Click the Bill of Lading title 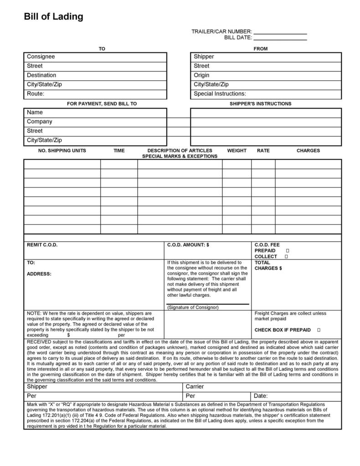pyautogui.click(x=53, y=17)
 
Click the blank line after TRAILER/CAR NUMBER pyautogui.click(x=280, y=32)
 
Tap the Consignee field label pyautogui.click(x=41, y=57)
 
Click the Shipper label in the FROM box pyautogui.click(x=204, y=57)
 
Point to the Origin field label pyautogui.click(x=201, y=75)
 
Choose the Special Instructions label pyautogui.click(x=220, y=94)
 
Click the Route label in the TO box pyautogui.click(x=36, y=94)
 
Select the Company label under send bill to pyautogui.click(x=39, y=122)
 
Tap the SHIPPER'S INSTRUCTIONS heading pyautogui.click(x=260, y=104)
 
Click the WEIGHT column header pyautogui.click(x=237, y=150)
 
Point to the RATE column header pyautogui.click(x=263, y=150)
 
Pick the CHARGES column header pyautogui.click(x=308, y=150)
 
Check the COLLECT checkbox pyautogui.click(x=286, y=257)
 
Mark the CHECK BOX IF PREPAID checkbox pyautogui.click(x=319, y=330)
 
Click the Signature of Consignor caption pyautogui.click(x=193, y=307)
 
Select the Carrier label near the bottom pyautogui.click(x=195, y=387)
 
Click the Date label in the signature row pyautogui.click(x=261, y=396)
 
